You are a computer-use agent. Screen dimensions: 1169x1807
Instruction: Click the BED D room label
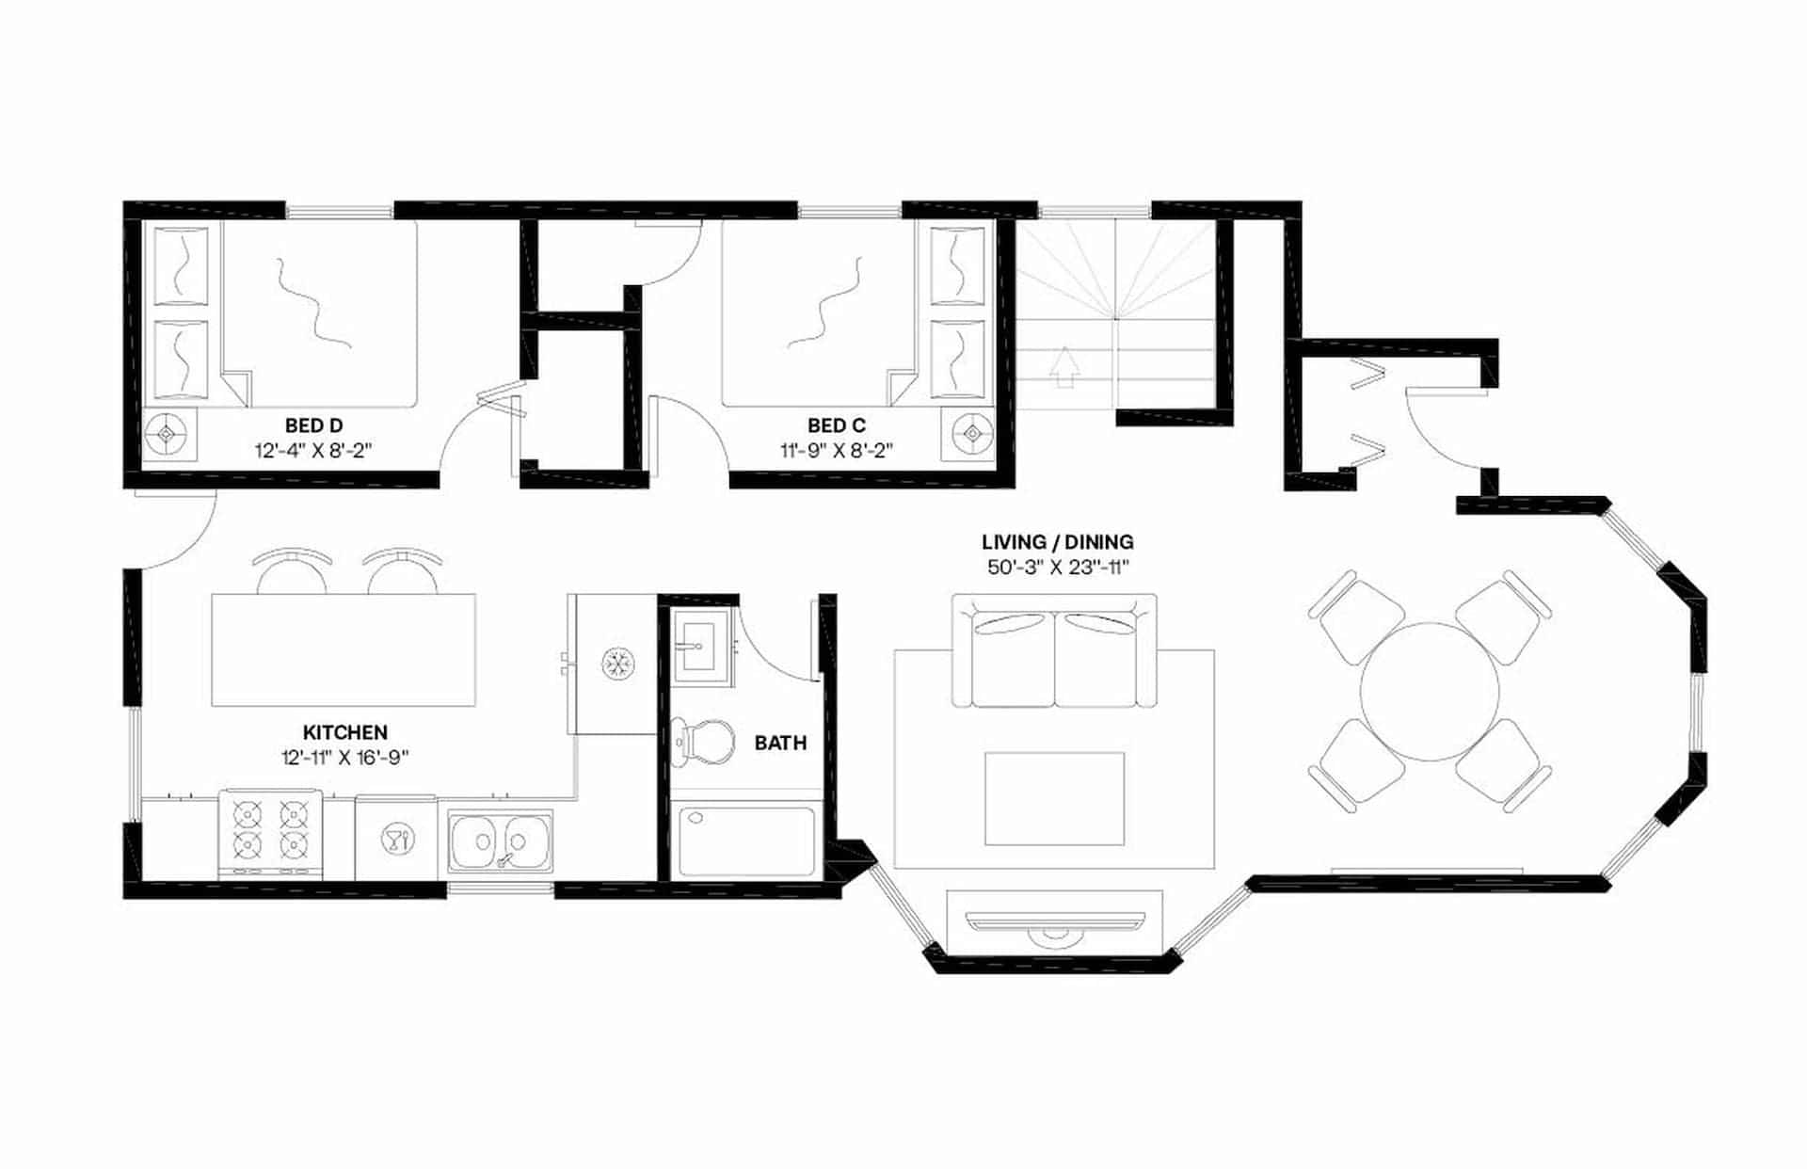[x=313, y=426]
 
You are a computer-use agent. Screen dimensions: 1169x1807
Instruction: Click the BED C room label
[x=836, y=426]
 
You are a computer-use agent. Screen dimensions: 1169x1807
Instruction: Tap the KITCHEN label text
[x=344, y=732]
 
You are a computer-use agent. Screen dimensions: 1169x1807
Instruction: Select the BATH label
[x=780, y=744]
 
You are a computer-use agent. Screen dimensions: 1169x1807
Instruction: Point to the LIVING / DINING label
[x=1057, y=542]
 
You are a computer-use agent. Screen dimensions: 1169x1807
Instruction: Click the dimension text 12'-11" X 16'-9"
[x=344, y=758]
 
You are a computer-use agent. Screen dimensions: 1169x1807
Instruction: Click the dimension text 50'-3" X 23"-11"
[x=1057, y=568]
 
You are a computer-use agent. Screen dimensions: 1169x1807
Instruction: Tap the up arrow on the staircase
[x=1063, y=367]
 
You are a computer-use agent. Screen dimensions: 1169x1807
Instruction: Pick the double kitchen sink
[x=500, y=840]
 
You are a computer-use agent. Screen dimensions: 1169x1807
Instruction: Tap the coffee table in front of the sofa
[x=1054, y=798]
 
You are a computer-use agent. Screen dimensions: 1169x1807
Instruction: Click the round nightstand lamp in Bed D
[x=168, y=434]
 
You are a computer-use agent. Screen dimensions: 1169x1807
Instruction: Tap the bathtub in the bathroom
[x=746, y=840]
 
